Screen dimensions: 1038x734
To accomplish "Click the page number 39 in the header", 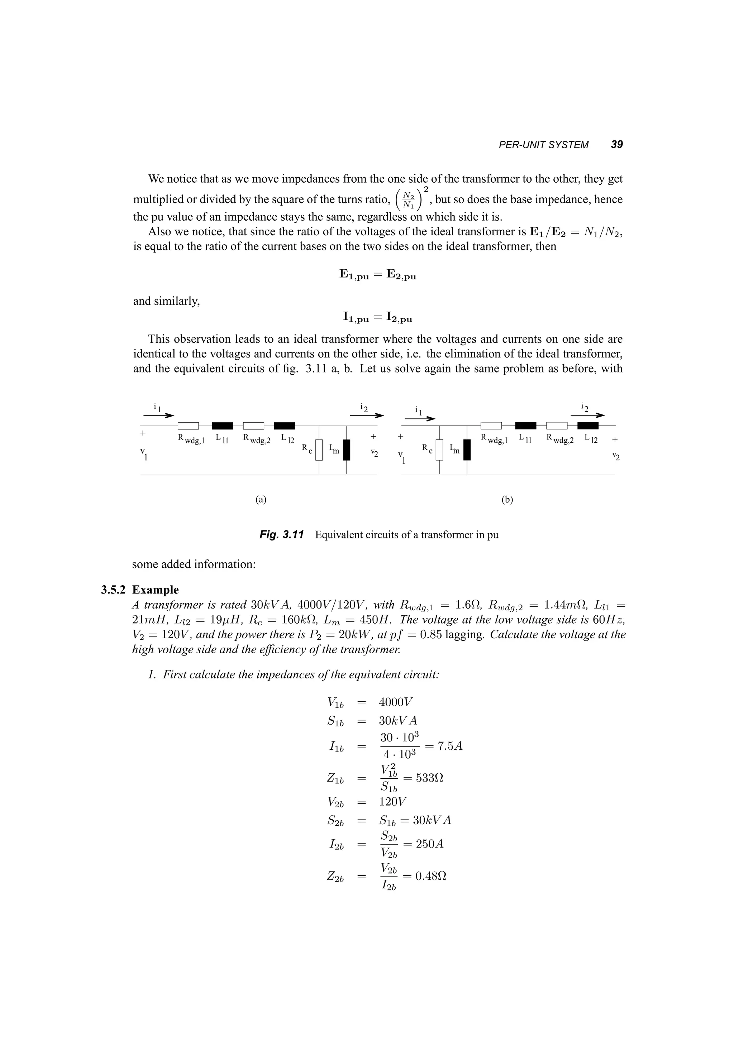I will (616, 145).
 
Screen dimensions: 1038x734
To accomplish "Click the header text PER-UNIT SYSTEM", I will (543, 145).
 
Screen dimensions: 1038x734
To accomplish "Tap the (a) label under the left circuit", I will (261, 500).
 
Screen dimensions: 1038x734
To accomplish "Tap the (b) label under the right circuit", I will (507, 500).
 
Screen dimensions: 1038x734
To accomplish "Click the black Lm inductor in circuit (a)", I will (347, 450).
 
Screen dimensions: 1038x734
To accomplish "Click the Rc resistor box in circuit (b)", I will (439, 450).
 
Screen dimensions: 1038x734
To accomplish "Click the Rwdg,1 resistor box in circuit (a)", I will (188, 426).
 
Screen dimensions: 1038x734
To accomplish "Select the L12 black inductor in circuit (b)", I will (588, 426).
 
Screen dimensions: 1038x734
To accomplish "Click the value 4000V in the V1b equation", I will (396, 702).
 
